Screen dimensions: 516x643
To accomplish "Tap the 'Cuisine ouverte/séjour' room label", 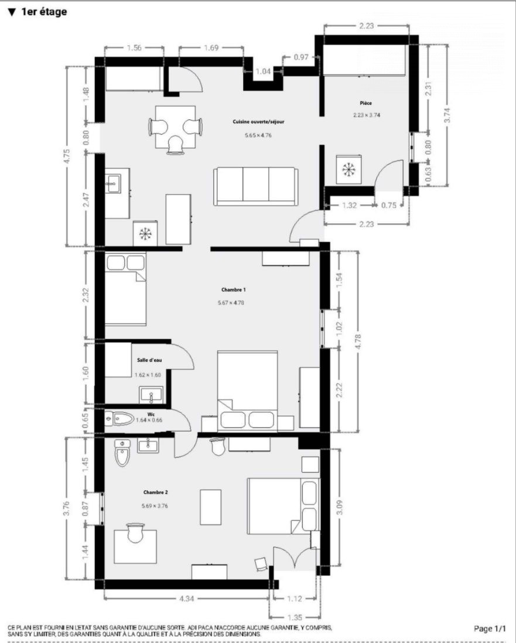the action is point(258,122).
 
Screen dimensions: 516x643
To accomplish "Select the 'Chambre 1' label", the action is point(233,289).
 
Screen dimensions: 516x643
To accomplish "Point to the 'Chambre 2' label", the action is point(155,492).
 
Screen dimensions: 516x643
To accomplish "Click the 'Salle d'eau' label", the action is point(149,360).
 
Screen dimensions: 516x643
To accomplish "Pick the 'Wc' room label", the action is point(151,415).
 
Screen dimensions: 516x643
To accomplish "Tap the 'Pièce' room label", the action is point(366,103).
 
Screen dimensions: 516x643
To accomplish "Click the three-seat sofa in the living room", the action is point(256,186).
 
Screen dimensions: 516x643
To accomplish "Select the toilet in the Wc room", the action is point(119,419).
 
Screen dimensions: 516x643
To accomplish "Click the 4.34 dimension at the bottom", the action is point(187,598).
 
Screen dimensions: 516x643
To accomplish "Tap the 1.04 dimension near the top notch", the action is point(263,71).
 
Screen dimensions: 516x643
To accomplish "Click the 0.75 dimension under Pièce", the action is point(389,206).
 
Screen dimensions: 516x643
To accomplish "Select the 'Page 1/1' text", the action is point(490,628).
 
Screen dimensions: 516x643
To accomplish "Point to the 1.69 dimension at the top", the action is point(211,48).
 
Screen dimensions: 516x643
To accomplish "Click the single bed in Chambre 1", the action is point(125,289).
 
